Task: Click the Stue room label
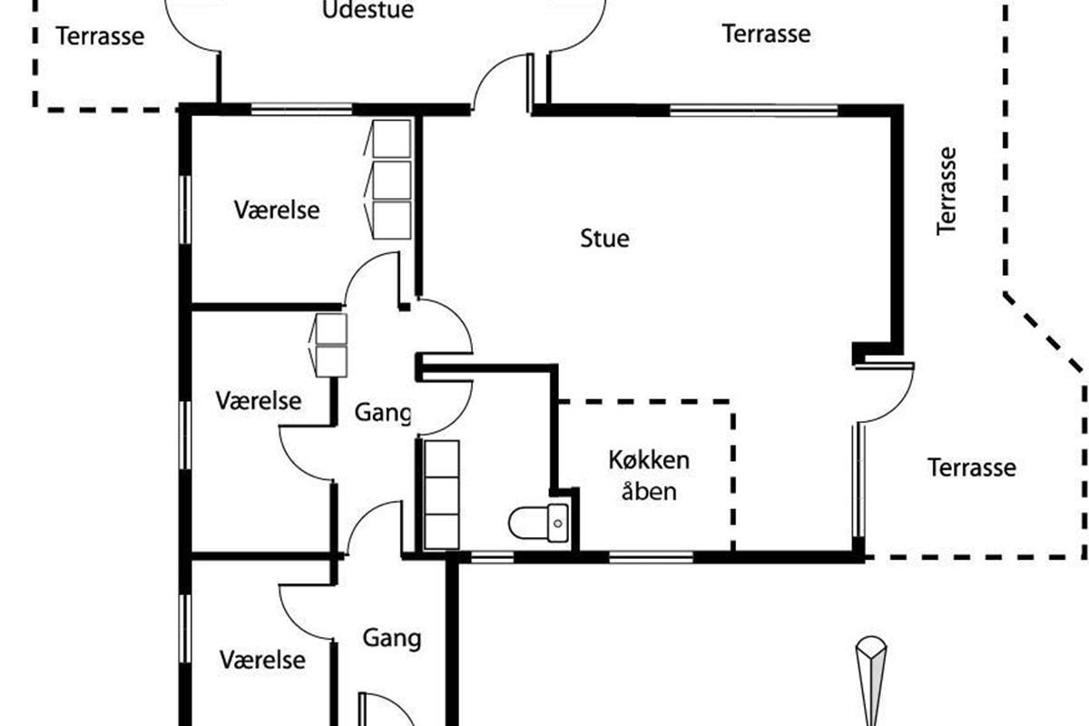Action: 604,239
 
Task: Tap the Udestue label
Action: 368,10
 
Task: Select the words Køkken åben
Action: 649,476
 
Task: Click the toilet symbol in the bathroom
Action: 539,523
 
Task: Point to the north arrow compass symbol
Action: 871,681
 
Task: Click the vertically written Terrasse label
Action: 947,191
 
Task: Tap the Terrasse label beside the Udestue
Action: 100,36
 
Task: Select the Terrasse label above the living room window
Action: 767,34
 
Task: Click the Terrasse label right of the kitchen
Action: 972,467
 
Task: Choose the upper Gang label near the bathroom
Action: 383,413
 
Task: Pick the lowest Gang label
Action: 392,638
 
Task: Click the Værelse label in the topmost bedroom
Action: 277,210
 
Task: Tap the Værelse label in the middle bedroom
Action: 259,401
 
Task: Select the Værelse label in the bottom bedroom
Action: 262,660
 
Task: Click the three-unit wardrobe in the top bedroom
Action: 388,180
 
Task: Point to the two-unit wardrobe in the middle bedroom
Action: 329,345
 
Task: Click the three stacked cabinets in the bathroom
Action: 441,495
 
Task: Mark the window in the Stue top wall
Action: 753,111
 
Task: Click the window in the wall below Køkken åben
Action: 651,557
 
